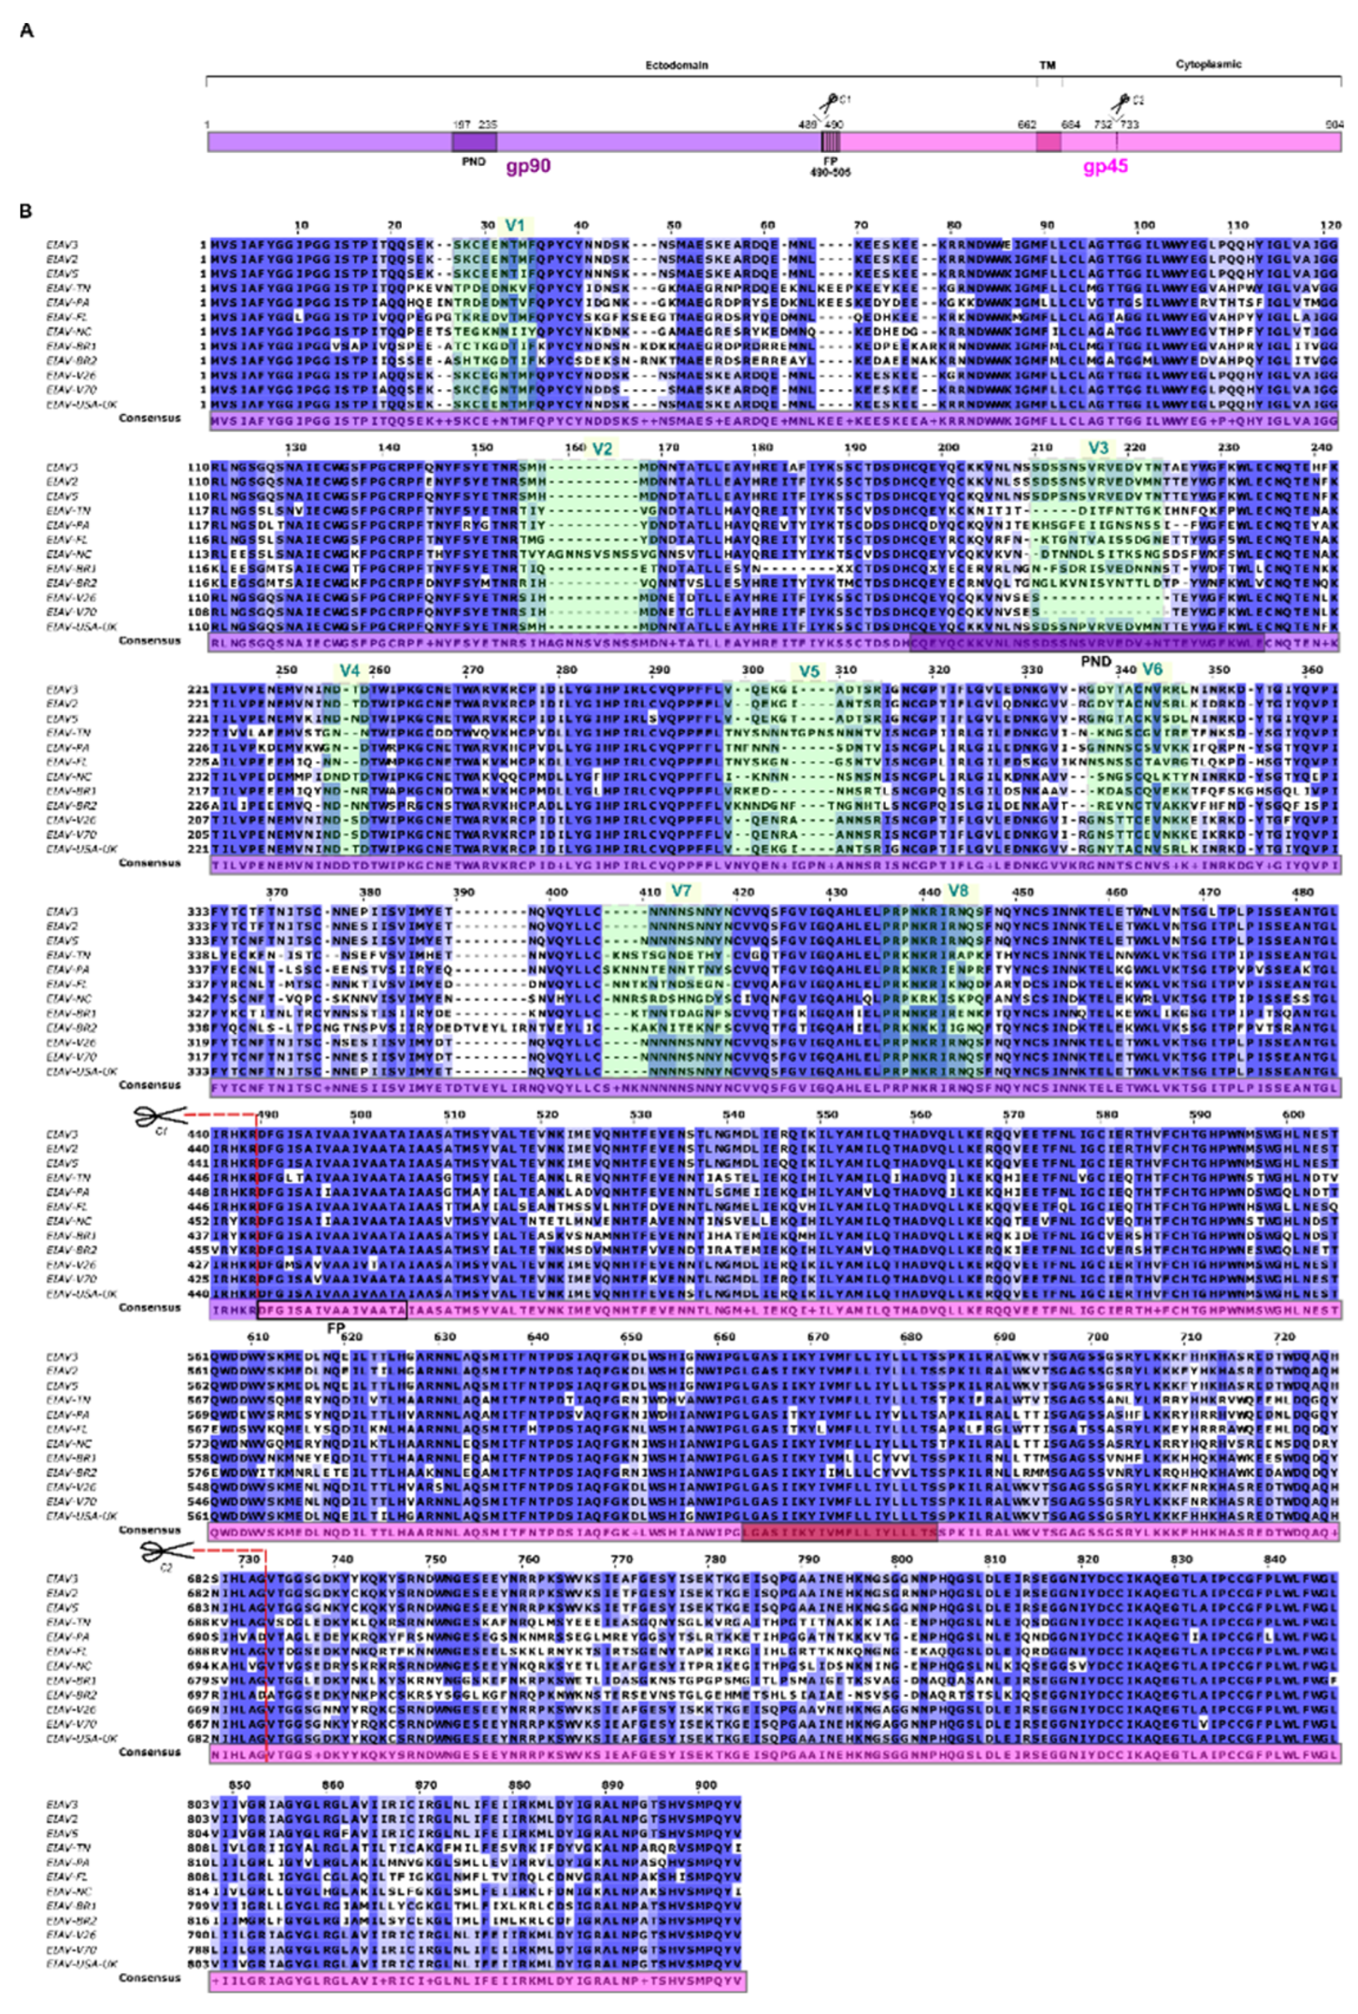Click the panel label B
click(x=26, y=211)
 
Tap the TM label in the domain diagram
click(x=1047, y=65)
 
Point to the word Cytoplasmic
click(x=1208, y=65)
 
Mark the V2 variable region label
click(x=602, y=449)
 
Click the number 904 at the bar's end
click(x=1334, y=125)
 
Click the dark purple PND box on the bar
click(x=473, y=142)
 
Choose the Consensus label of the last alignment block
click(x=150, y=1978)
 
